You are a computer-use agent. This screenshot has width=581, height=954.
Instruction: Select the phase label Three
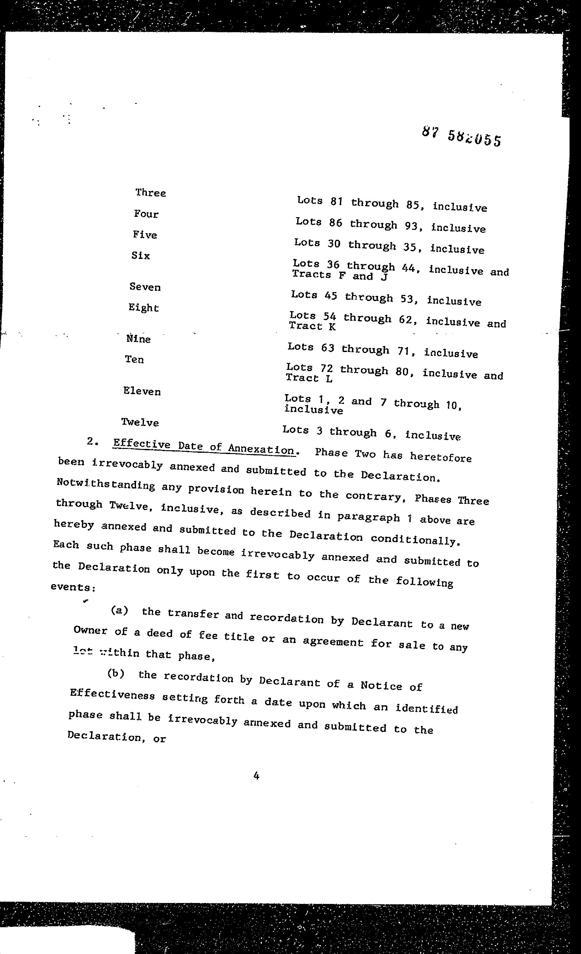point(150,193)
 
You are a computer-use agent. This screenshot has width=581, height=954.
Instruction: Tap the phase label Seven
point(145,287)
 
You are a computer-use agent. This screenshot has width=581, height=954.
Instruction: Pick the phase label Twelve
point(140,422)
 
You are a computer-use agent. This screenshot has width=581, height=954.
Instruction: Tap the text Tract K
point(312,327)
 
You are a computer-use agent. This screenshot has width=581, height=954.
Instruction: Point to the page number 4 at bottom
point(256,775)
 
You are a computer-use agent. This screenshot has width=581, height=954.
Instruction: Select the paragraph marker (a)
point(119,611)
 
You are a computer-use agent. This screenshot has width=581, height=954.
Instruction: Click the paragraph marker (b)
point(116,674)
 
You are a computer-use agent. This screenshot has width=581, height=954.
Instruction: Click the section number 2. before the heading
point(91,441)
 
